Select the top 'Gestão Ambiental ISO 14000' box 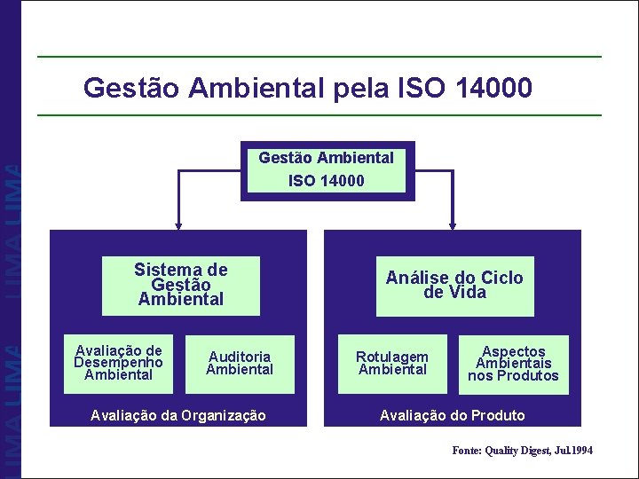pyautogui.click(x=327, y=169)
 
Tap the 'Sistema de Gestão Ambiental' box pyautogui.click(x=181, y=285)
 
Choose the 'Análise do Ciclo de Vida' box pyautogui.click(x=454, y=285)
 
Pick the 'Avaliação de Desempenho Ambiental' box pyautogui.click(x=118, y=363)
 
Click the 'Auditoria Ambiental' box pyautogui.click(x=240, y=363)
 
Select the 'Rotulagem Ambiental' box pyautogui.click(x=392, y=363)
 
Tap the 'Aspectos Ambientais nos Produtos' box pyautogui.click(x=514, y=363)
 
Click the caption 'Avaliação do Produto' pyautogui.click(x=453, y=415)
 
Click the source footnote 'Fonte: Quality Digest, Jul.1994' pyautogui.click(x=522, y=451)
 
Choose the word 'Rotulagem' pyautogui.click(x=392, y=357)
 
